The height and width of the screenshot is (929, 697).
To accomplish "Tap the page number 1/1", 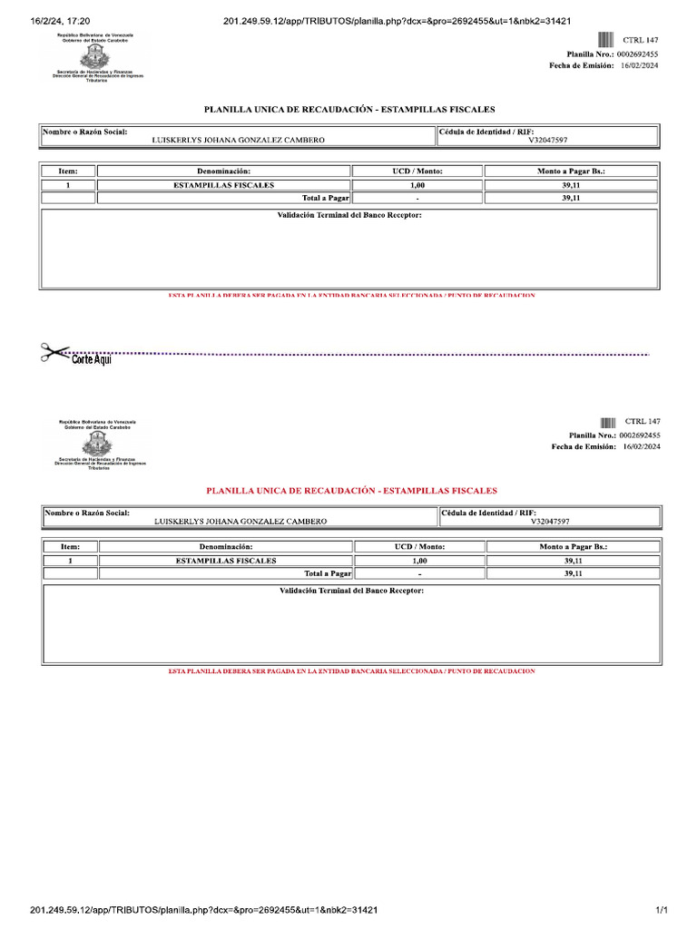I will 662,909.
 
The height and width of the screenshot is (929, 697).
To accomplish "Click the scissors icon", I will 54,352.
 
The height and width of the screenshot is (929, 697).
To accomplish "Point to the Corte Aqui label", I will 92,359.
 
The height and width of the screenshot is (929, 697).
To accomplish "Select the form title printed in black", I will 349,109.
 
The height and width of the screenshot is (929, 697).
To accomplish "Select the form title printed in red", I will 351,490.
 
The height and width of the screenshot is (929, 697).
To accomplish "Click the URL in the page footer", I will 203,909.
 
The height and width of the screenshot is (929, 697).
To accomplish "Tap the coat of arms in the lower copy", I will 98,445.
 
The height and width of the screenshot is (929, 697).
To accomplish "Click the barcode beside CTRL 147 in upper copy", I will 605,40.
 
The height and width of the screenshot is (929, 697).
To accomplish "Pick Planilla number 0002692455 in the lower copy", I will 640,435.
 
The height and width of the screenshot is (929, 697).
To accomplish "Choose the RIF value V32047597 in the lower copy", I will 550,522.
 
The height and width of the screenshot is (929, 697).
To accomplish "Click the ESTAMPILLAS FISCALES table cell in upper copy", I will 223,184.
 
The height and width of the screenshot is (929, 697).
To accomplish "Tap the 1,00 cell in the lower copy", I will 419,561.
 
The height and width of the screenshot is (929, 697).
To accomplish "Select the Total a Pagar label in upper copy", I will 327,197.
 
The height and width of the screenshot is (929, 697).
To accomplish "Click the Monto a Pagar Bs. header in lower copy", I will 573,547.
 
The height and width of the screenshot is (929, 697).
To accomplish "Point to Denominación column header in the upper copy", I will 223,171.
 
